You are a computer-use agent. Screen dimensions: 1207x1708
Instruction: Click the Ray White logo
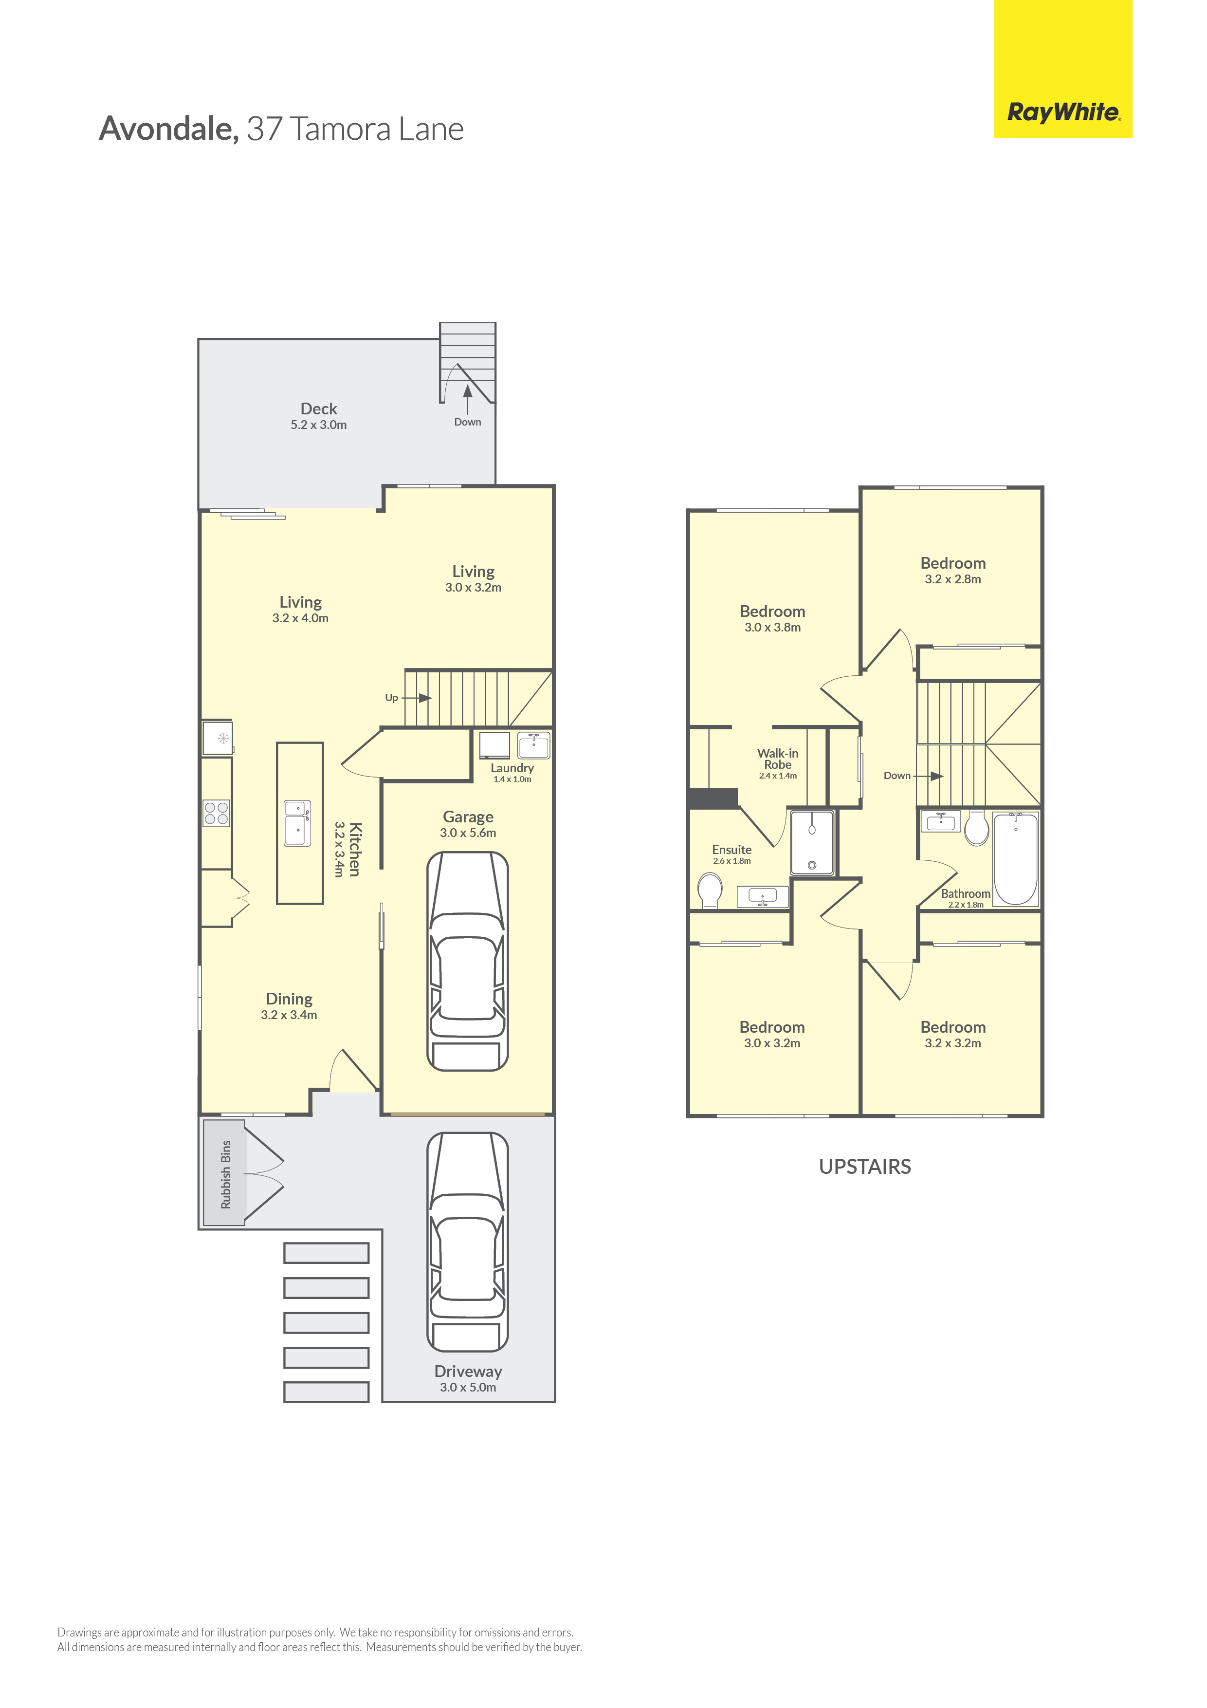coord(1063,112)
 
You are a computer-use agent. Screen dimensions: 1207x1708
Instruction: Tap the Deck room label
coord(318,408)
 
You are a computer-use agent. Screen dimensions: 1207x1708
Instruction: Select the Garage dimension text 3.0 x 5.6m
coord(468,833)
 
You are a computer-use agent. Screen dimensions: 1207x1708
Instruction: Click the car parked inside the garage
coord(468,961)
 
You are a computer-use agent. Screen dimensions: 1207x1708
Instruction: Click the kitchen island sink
coord(297,823)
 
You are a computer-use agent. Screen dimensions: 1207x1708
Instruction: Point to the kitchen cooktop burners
coord(217,813)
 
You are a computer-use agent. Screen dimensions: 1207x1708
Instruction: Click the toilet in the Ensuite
coord(710,891)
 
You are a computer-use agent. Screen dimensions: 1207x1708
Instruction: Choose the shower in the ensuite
coord(812,842)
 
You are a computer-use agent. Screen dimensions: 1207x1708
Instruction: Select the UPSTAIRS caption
coord(865,1167)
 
